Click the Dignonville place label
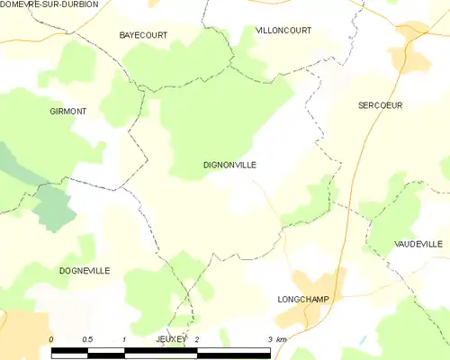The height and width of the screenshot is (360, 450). [229, 166]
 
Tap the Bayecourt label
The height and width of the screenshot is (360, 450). [143, 35]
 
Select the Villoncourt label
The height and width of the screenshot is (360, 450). [283, 31]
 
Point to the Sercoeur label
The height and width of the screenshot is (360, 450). [380, 105]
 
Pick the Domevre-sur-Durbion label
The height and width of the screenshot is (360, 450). [49, 4]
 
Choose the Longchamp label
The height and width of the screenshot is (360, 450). [303, 299]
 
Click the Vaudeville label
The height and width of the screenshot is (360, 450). [418, 244]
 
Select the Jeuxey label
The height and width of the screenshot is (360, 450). [171, 338]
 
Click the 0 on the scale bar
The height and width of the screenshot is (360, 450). [51, 338]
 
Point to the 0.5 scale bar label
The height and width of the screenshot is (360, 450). [87, 338]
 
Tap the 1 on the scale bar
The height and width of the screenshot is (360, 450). [123, 338]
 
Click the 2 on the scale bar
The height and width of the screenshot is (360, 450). [196, 338]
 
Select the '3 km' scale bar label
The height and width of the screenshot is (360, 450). [275, 338]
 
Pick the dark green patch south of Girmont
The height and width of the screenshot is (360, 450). [54, 209]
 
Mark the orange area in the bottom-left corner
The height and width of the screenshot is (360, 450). [22, 333]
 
